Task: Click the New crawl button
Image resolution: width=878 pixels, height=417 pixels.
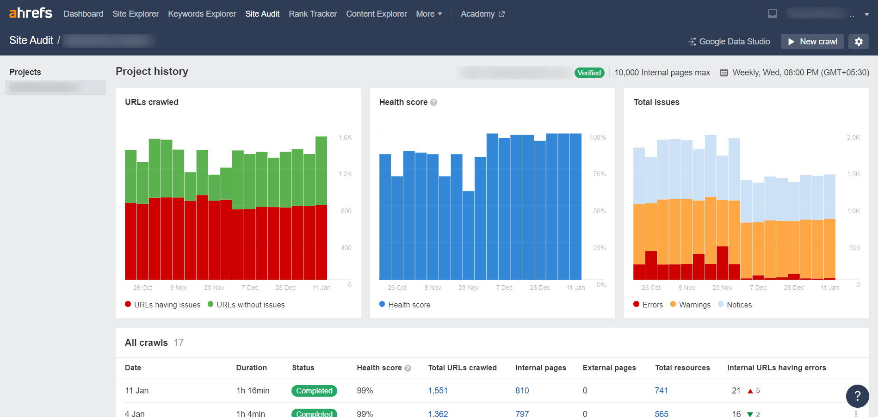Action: (x=812, y=42)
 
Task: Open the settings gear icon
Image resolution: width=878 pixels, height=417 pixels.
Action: (x=859, y=42)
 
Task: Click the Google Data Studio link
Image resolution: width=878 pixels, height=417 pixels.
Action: (x=730, y=42)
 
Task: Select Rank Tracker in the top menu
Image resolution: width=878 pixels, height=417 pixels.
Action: (x=313, y=14)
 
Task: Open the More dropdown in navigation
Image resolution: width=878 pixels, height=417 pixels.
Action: (x=429, y=14)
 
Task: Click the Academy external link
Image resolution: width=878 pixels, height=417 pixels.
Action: (x=482, y=14)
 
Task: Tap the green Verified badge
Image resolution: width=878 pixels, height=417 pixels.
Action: (x=589, y=73)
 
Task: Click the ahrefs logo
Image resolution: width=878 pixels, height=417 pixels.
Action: (x=31, y=13)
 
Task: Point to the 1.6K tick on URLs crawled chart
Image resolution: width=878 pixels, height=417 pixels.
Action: (x=345, y=137)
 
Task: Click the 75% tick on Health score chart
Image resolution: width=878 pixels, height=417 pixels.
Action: (x=599, y=174)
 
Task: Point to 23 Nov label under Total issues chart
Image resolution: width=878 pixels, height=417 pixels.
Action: (x=722, y=288)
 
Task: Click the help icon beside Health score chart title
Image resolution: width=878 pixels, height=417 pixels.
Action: (x=433, y=103)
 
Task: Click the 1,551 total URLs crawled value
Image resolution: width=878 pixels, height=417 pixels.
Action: (x=438, y=391)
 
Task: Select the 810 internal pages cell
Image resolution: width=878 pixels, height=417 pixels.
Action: (x=522, y=391)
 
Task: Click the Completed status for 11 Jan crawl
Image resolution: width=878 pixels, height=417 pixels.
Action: (x=314, y=391)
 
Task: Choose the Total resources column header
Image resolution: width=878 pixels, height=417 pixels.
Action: (x=682, y=368)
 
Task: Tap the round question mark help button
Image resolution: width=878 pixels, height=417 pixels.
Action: (x=857, y=396)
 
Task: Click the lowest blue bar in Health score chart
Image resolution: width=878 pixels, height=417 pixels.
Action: (x=468, y=236)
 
